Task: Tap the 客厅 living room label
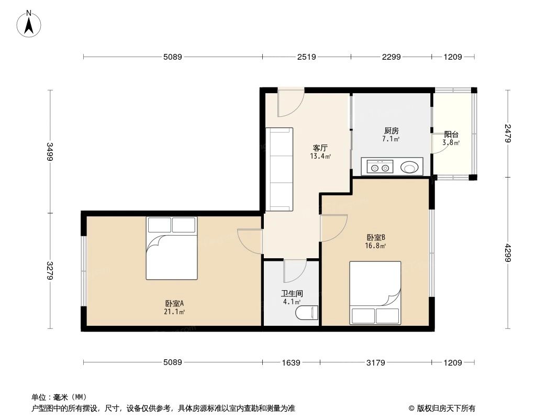pyautogui.click(x=320, y=148)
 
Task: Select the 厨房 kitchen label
pyautogui.click(x=391, y=130)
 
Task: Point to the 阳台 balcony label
pyautogui.click(x=451, y=135)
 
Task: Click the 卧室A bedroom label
pyautogui.click(x=174, y=303)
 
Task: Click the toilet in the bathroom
pyautogui.click(x=307, y=313)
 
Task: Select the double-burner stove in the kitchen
pyautogui.click(x=380, y=168)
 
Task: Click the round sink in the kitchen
pyautogui.click(x=409, y=168)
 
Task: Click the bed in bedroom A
pyautogui.click(x=171, y=248)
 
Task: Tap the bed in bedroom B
pyautogui.click(x=375, y=293)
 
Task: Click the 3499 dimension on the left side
pyautogui.click(x=50, y=151)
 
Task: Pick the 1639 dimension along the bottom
pyautogui.click(x=291, y=362)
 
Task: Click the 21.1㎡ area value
pyautogui.click(x=174, y=312)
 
